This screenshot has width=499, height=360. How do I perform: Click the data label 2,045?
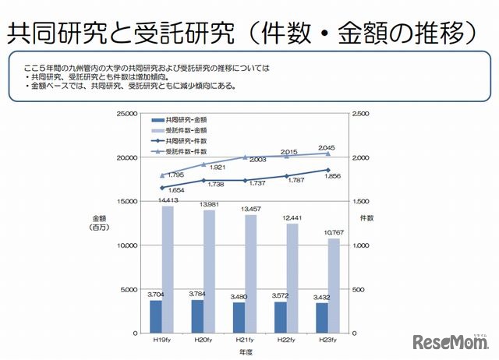(327, 147)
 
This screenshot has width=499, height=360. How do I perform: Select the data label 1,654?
(154, 191)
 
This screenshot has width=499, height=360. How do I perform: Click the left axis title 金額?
(99, 219)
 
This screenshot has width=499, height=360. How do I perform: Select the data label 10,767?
(333, 232)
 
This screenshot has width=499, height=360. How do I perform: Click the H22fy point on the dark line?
(286, 178)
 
